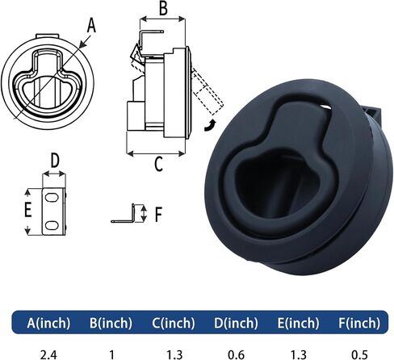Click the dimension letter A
click(x=91, y=26)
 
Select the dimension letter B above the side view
click(x=163, y=8)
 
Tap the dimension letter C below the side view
click(x=159, y=164)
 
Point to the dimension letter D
click(x=55, y=161)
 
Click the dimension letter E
click(x=28, y=209)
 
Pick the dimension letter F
click(x=158, y=214)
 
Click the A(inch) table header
click(x=48, y=323)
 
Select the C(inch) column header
click(x=174, y=323)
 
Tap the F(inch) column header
click(x=359, y=323)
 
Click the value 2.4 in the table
click(x=48, y=354)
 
